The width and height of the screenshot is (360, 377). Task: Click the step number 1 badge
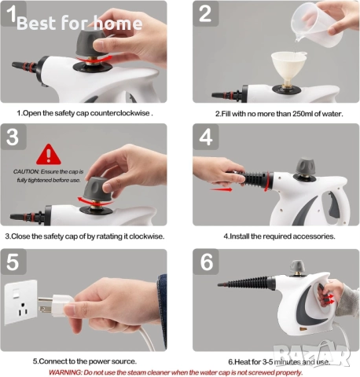tap(13, 13)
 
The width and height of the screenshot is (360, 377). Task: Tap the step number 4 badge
tap(206, 137)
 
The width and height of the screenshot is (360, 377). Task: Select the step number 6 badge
tap(206, 262)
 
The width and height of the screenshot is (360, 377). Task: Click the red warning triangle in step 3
tap(49, 155)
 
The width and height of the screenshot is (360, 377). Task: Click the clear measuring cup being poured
tap(317, 25)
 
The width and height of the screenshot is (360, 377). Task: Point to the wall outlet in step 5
tap(21, 302)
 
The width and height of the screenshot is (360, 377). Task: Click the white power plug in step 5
tap(56, 306)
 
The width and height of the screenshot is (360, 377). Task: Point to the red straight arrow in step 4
tap(222, 189)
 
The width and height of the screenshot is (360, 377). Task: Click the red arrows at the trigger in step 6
tap(329, 299)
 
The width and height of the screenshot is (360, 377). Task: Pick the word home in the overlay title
tap(118, 23)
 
